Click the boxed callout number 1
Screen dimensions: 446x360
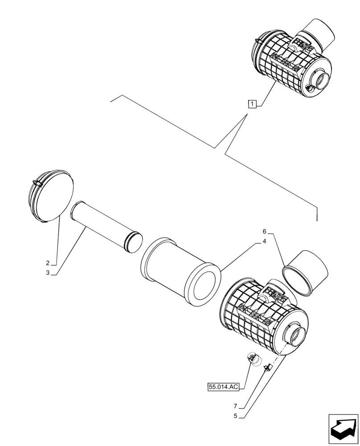click(x=252, y=105)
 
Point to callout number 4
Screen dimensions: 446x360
click(x=264, y=241)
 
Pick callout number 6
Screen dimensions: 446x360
click(x=264, y=231)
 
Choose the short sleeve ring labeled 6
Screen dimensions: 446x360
click(x=306, y=273)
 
